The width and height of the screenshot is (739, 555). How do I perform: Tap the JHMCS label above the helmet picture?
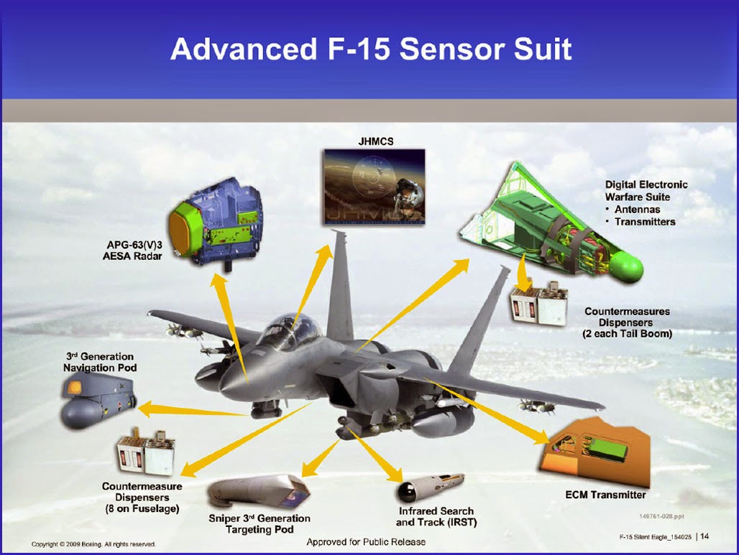coord(376,141)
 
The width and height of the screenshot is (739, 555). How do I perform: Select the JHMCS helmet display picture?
coord(375,187)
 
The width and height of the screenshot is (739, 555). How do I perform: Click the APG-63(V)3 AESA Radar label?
coord(132,251)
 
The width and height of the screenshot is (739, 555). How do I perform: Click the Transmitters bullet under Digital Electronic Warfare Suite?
coord(644,222)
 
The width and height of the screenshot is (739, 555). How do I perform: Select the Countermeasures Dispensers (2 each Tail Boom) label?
coord(627,322)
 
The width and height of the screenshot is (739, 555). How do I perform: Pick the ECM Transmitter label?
coord(605,495)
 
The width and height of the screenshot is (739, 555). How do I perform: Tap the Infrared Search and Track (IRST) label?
coord(436,516)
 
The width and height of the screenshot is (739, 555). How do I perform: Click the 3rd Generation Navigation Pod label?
coord(100,362)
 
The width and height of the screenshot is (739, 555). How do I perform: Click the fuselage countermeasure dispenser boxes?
coord(146,452)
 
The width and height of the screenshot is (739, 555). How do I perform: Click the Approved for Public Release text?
coord(366,542)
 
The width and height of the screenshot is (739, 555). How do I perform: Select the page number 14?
coord(704,536)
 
